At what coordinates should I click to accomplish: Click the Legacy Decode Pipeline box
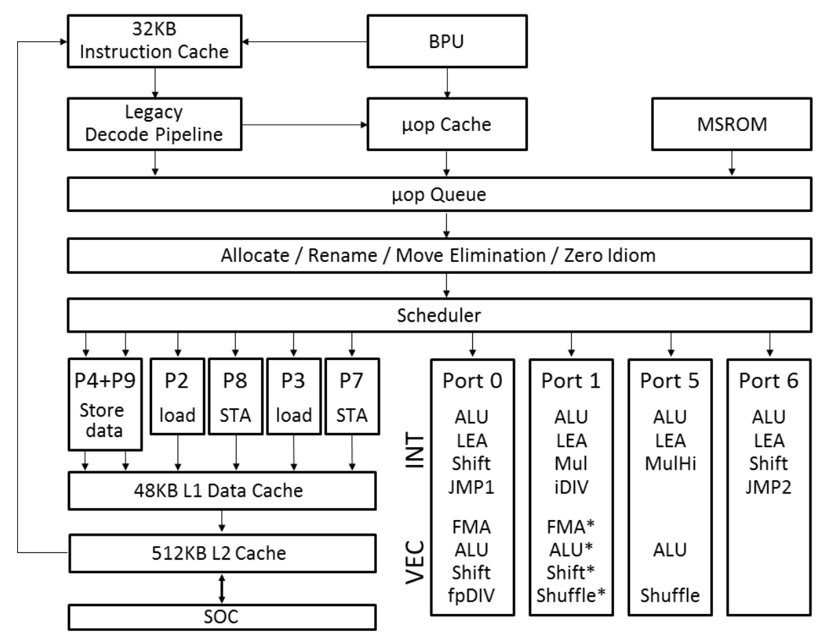[x=154, y=125]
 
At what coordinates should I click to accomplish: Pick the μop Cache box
[x=447, y=125]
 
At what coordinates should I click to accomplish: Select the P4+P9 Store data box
[x=106, y=402]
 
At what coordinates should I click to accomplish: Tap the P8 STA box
[x=236, y=395]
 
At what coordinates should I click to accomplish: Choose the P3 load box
[x=294, y=395]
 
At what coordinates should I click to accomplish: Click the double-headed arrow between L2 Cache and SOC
[x=223, y=582]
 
